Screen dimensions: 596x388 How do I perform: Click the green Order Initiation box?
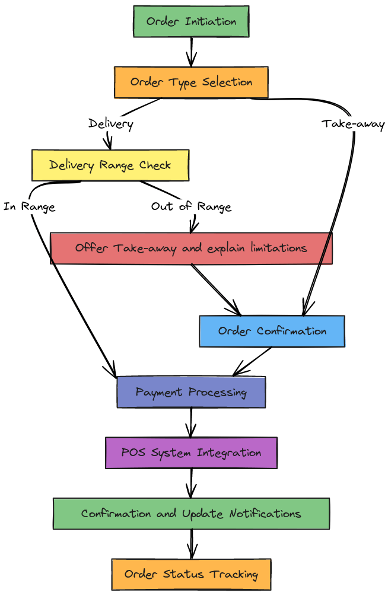coord(191,22)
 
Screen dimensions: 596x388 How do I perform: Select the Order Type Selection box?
coord(191,82)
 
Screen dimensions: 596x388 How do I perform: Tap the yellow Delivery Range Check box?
coord(110,165)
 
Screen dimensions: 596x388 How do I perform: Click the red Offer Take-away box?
coord(191,248)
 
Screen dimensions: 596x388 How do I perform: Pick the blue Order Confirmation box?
coord(272,331)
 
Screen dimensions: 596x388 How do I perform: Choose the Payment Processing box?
coord(191,392)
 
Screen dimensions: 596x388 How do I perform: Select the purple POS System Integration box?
coord(191,453)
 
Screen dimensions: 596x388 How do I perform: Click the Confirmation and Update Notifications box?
coord(191,514)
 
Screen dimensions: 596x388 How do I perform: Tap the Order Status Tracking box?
coord(191,574)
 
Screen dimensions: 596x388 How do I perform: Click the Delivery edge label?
coord(110,124)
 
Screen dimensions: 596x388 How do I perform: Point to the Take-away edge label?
coord(353,124)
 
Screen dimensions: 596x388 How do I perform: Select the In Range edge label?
coord(29,207)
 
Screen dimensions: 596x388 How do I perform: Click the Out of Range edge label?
coord(191,207)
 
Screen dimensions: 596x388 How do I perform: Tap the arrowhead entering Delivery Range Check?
coord(109,144)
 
